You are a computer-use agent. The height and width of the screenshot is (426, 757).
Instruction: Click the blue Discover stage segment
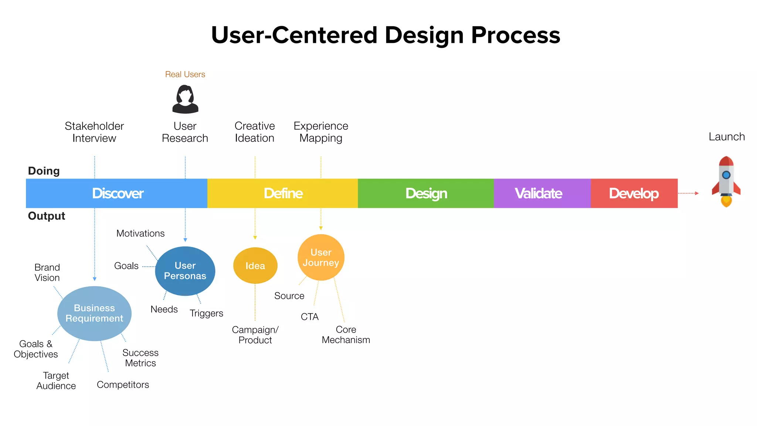point(117,193)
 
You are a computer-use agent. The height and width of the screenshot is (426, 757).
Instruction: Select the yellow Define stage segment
point(283,193)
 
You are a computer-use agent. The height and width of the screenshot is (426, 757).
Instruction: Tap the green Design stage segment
point(426,193)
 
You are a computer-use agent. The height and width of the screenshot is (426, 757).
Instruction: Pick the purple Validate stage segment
point(542,193)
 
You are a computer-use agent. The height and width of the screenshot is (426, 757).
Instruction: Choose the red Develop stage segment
point(634,193)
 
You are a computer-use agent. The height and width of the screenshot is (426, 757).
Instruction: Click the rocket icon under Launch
point(726,181)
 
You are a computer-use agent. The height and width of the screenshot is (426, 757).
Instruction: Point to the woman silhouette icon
point(185,99)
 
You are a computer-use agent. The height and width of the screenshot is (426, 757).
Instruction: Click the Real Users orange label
point(185,74)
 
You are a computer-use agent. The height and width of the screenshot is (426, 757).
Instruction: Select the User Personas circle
point(185,271)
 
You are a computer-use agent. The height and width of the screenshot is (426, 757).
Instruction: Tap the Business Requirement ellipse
point(94,313)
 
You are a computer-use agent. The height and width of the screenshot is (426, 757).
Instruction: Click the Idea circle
point(255,266)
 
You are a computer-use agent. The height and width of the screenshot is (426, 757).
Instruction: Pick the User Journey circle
point(321,257)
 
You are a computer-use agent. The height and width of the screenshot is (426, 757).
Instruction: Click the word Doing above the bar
point(44,171)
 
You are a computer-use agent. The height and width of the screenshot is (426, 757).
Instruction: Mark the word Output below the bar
point(46,216)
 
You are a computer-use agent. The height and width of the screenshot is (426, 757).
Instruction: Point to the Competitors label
point(123,385)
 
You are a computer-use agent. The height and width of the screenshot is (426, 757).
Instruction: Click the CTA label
point(309,317)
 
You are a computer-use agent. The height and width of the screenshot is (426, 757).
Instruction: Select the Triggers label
point(206,313)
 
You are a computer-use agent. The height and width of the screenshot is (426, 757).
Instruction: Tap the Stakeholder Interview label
point(94,132)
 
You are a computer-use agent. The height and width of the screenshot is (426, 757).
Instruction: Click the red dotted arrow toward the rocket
point(688,193)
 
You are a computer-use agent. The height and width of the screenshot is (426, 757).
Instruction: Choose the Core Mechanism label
point(346,335)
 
